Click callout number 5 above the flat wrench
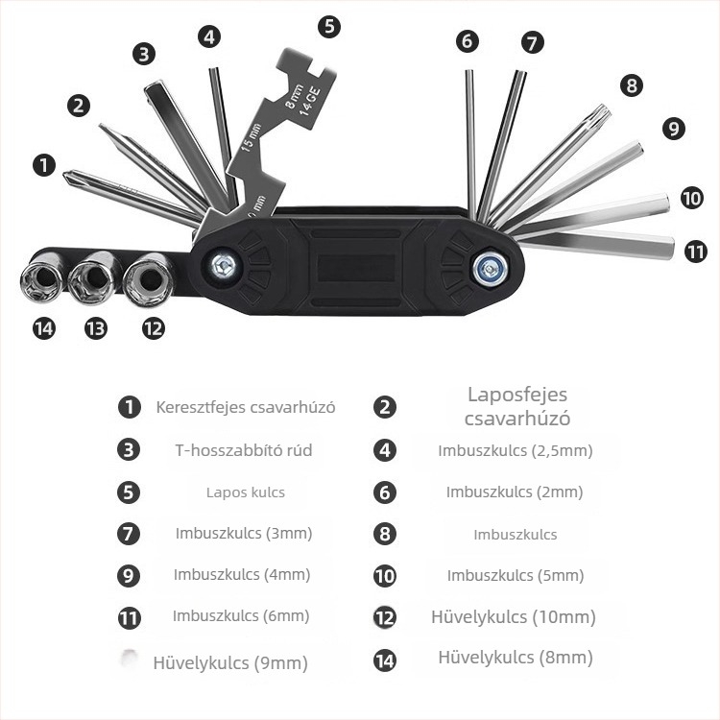[x=329, y=26]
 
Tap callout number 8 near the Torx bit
[x=632, y=84]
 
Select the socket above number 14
[x=42, y=277]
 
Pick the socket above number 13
[x=94, y=278]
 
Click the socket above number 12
[x=149, y=279]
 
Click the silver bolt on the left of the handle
[x=224, y=266]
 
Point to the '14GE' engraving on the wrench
[x=309, y=102]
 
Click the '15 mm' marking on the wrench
[x=251, y=137]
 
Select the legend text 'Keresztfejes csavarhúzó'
[x=246, y=407]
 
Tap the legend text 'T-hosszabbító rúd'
[x=244, y=450]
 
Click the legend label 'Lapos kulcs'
[x=246, y=492]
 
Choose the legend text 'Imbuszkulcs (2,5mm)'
[x=516, y=451]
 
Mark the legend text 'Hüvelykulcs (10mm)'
[x=514, y=617]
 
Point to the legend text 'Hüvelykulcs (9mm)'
[x=230, y=663]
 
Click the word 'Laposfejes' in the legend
[x=517, y=395]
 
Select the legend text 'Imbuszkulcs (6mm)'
[x=241, y=616]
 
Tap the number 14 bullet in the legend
[x=385, y=660]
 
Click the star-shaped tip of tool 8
[x=603, y=111]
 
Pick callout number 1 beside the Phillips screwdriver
[x=44, y=165]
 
